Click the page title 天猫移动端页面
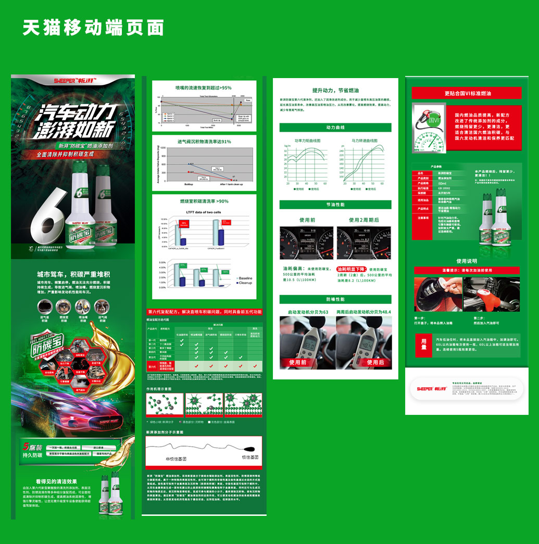93,28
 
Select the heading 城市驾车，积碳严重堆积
73,274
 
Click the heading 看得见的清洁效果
56,481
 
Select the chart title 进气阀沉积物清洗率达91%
204,142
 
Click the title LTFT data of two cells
204,212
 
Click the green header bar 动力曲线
335,128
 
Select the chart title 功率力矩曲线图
307,141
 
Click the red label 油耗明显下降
353,269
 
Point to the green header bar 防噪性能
335,299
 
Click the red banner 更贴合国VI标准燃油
467,93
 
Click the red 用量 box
424,344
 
